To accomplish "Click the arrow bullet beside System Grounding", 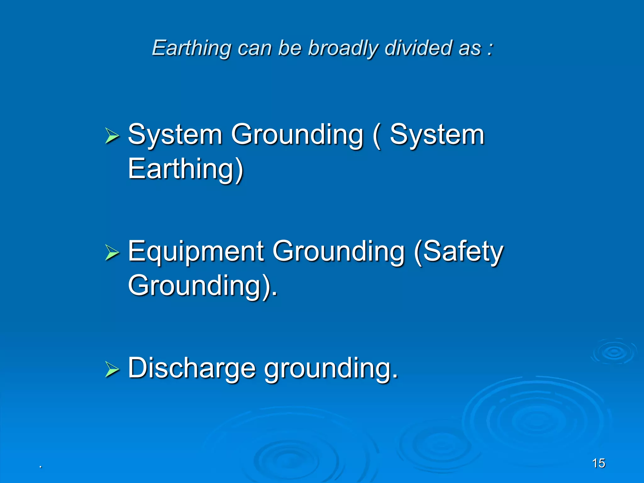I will pyautogui.click(x=112, y=136).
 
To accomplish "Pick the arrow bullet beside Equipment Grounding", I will pyautogui.click(x=112, y=253).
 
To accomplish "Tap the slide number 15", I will pyautogui.click(x=598, y=463).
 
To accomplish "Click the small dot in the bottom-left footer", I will pyautogui.click(x=41, y=467).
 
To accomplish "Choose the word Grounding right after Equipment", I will pyautogui.click(x=338, y=252).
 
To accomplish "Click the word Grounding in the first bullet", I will pyautogui.click(x=297, y=135).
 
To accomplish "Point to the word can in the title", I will pyautogui.click(x=254, y=49).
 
